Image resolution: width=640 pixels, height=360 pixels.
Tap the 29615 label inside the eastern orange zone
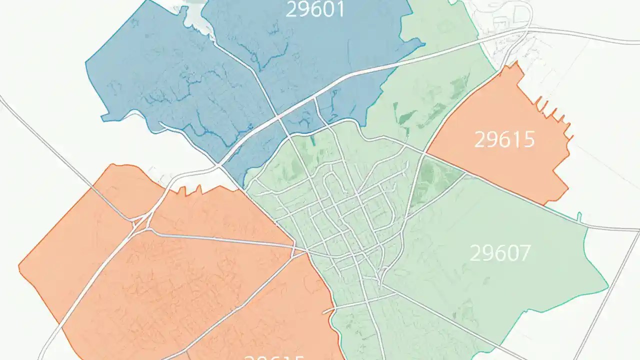coord(504,140)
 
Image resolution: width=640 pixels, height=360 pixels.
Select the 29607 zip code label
coord(500,253)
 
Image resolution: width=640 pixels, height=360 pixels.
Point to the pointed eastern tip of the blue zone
coord(424,44)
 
